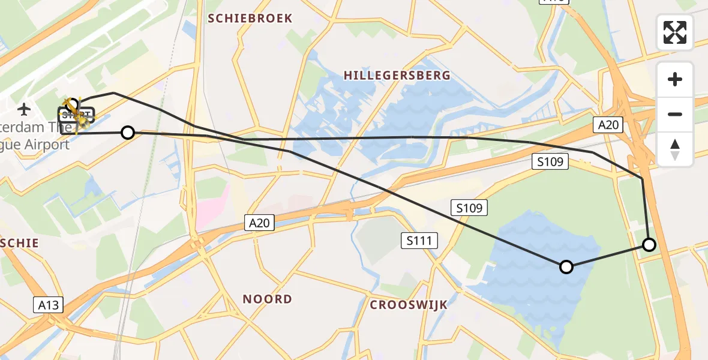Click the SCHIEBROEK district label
pos(250,19)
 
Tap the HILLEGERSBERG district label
pos(397,76)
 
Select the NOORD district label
pos(267,299)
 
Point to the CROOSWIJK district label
pos(409,305)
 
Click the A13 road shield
pos(48,305)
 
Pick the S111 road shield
pos(419,241)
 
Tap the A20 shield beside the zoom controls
pos(608,125)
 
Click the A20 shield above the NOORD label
pos(260,223)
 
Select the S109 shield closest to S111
pos(469,208)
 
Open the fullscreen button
pos(675,32)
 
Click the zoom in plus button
pos(675,79)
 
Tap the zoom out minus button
pos(675,114)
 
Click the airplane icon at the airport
pos(24,109)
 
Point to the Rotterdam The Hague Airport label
pos(36,136)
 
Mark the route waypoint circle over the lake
pos(566,267)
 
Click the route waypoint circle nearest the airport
pos(128,133)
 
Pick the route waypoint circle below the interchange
pos(649,244)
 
